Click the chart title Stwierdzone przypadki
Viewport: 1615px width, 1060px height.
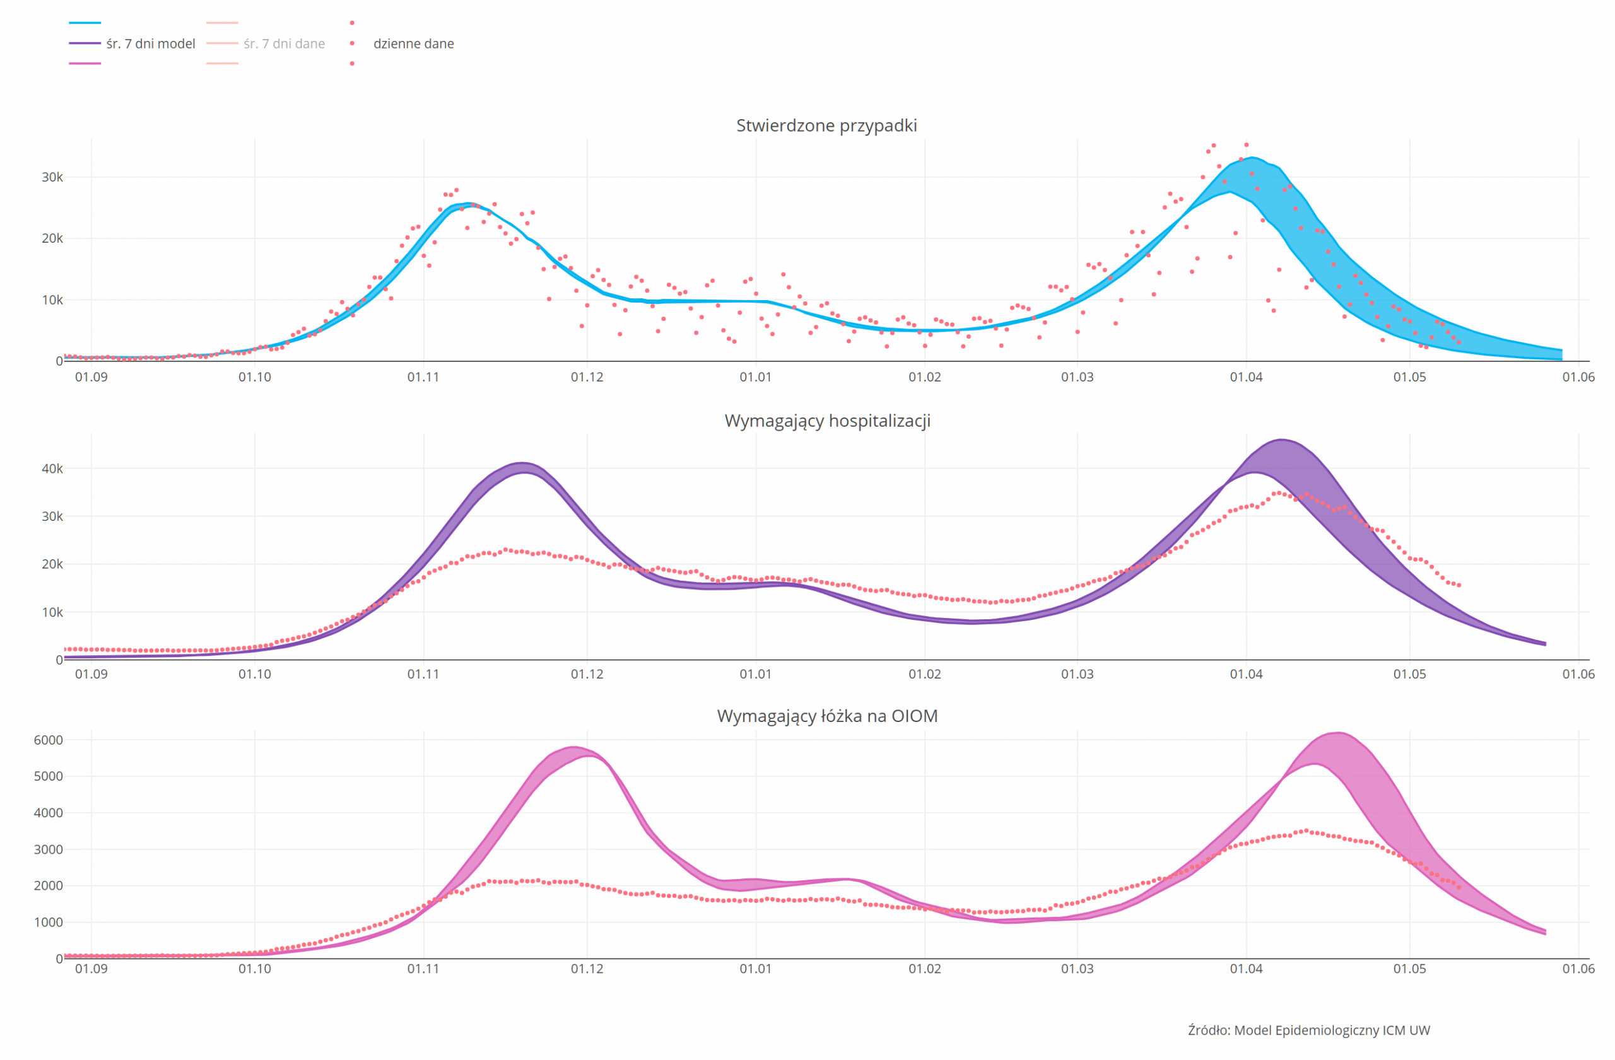(x=826, y=125)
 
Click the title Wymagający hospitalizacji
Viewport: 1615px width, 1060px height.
(x=827, y=421)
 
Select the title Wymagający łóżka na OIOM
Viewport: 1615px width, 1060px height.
(x=827, y=716)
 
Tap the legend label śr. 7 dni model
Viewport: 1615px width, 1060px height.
(x=151, y=44)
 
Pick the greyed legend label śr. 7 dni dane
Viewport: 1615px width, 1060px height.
(x=285, y=44)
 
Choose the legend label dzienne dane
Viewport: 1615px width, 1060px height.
(x=413, y=44)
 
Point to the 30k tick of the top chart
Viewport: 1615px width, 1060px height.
(x=52, y=177)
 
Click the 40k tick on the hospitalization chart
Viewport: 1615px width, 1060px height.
(x=52, y=469)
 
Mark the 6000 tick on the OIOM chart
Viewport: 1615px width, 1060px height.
(x=48, y=740)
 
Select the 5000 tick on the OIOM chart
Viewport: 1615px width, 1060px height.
(x=48, y=776)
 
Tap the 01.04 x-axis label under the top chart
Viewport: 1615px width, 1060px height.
(x=1246, y=377)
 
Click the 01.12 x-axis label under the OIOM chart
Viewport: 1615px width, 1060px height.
(x=587, y=969)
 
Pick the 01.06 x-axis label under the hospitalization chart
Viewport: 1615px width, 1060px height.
(x=1578, y=674)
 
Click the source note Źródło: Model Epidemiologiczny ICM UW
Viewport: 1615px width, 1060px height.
(x=1309, y=1030)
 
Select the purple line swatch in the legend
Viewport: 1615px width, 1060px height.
(x=85, y=44)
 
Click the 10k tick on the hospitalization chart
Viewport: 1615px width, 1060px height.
(x=52, y=612)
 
